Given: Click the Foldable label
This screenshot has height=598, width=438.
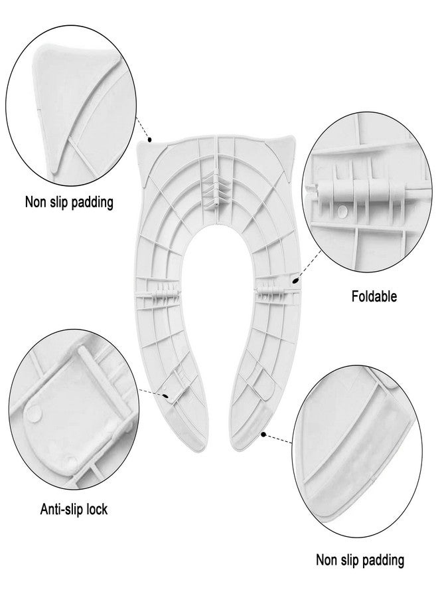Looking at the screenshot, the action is (374, 296).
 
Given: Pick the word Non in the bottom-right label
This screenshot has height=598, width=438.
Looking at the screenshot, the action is (326, 560).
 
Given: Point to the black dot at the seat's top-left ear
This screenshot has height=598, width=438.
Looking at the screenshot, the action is (150, 140).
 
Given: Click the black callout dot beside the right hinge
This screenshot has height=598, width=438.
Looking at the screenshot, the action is (295, 281).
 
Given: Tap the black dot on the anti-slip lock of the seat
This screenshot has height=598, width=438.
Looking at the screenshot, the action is (166, 396).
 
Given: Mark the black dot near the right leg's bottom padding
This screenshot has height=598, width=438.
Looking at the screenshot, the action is (263, 434).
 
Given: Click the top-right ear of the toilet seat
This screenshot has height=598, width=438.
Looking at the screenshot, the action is (287, 148).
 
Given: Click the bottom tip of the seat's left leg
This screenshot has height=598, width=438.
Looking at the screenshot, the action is (194, 450).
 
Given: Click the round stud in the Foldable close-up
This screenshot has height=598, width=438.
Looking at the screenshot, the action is (342, 209).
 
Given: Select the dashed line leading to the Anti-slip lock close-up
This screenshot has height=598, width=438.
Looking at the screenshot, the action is (151, 393).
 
